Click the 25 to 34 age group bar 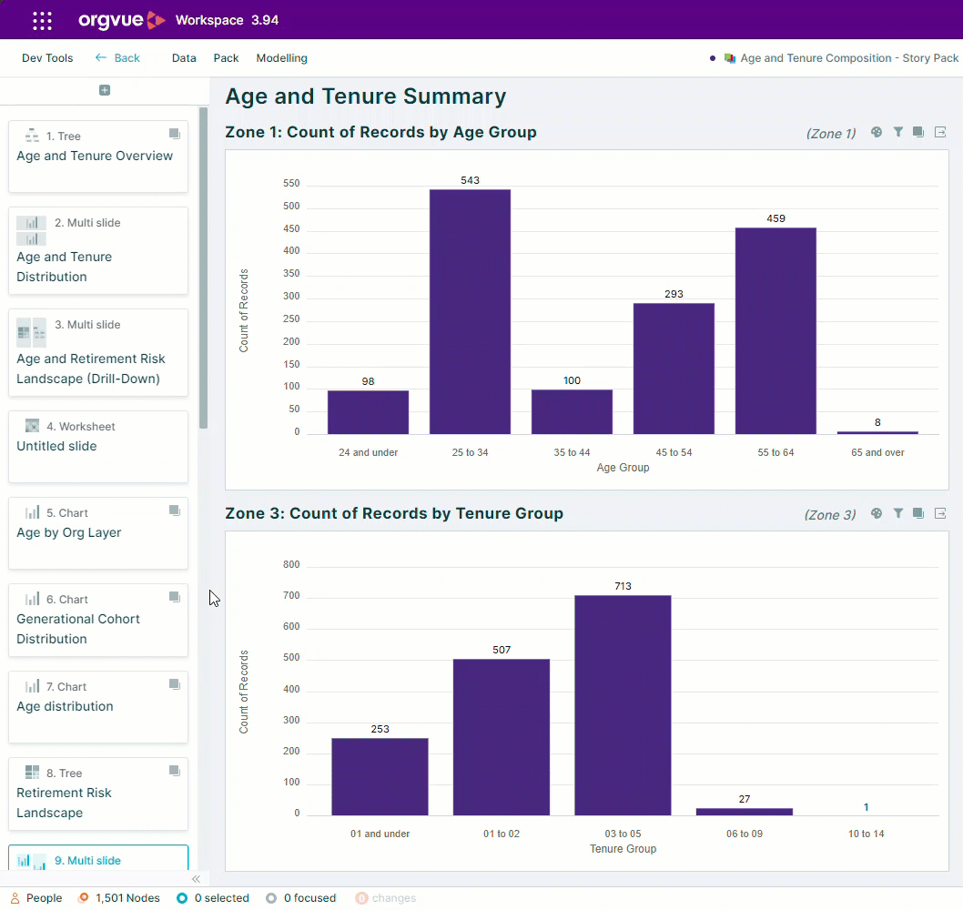point(470,312)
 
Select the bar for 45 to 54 point(674,369)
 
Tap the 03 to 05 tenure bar point(623,705)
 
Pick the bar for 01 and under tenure point(380,777)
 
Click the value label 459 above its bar point(775,218)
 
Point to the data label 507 point(502,650)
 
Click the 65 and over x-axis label point(877,452)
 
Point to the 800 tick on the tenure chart point(291,564)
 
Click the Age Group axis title point(623,467)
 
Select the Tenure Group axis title point(623,849)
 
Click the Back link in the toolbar point(118,57)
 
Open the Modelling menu point(282,57)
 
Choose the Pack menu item point(226,57)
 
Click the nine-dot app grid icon point(43,20)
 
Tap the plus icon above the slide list point(105,90)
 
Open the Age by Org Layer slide point(98,533)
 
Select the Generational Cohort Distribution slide point(98,621)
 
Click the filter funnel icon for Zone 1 point(897,132)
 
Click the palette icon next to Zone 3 point(877,513)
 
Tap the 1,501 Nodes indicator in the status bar point(119,898)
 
